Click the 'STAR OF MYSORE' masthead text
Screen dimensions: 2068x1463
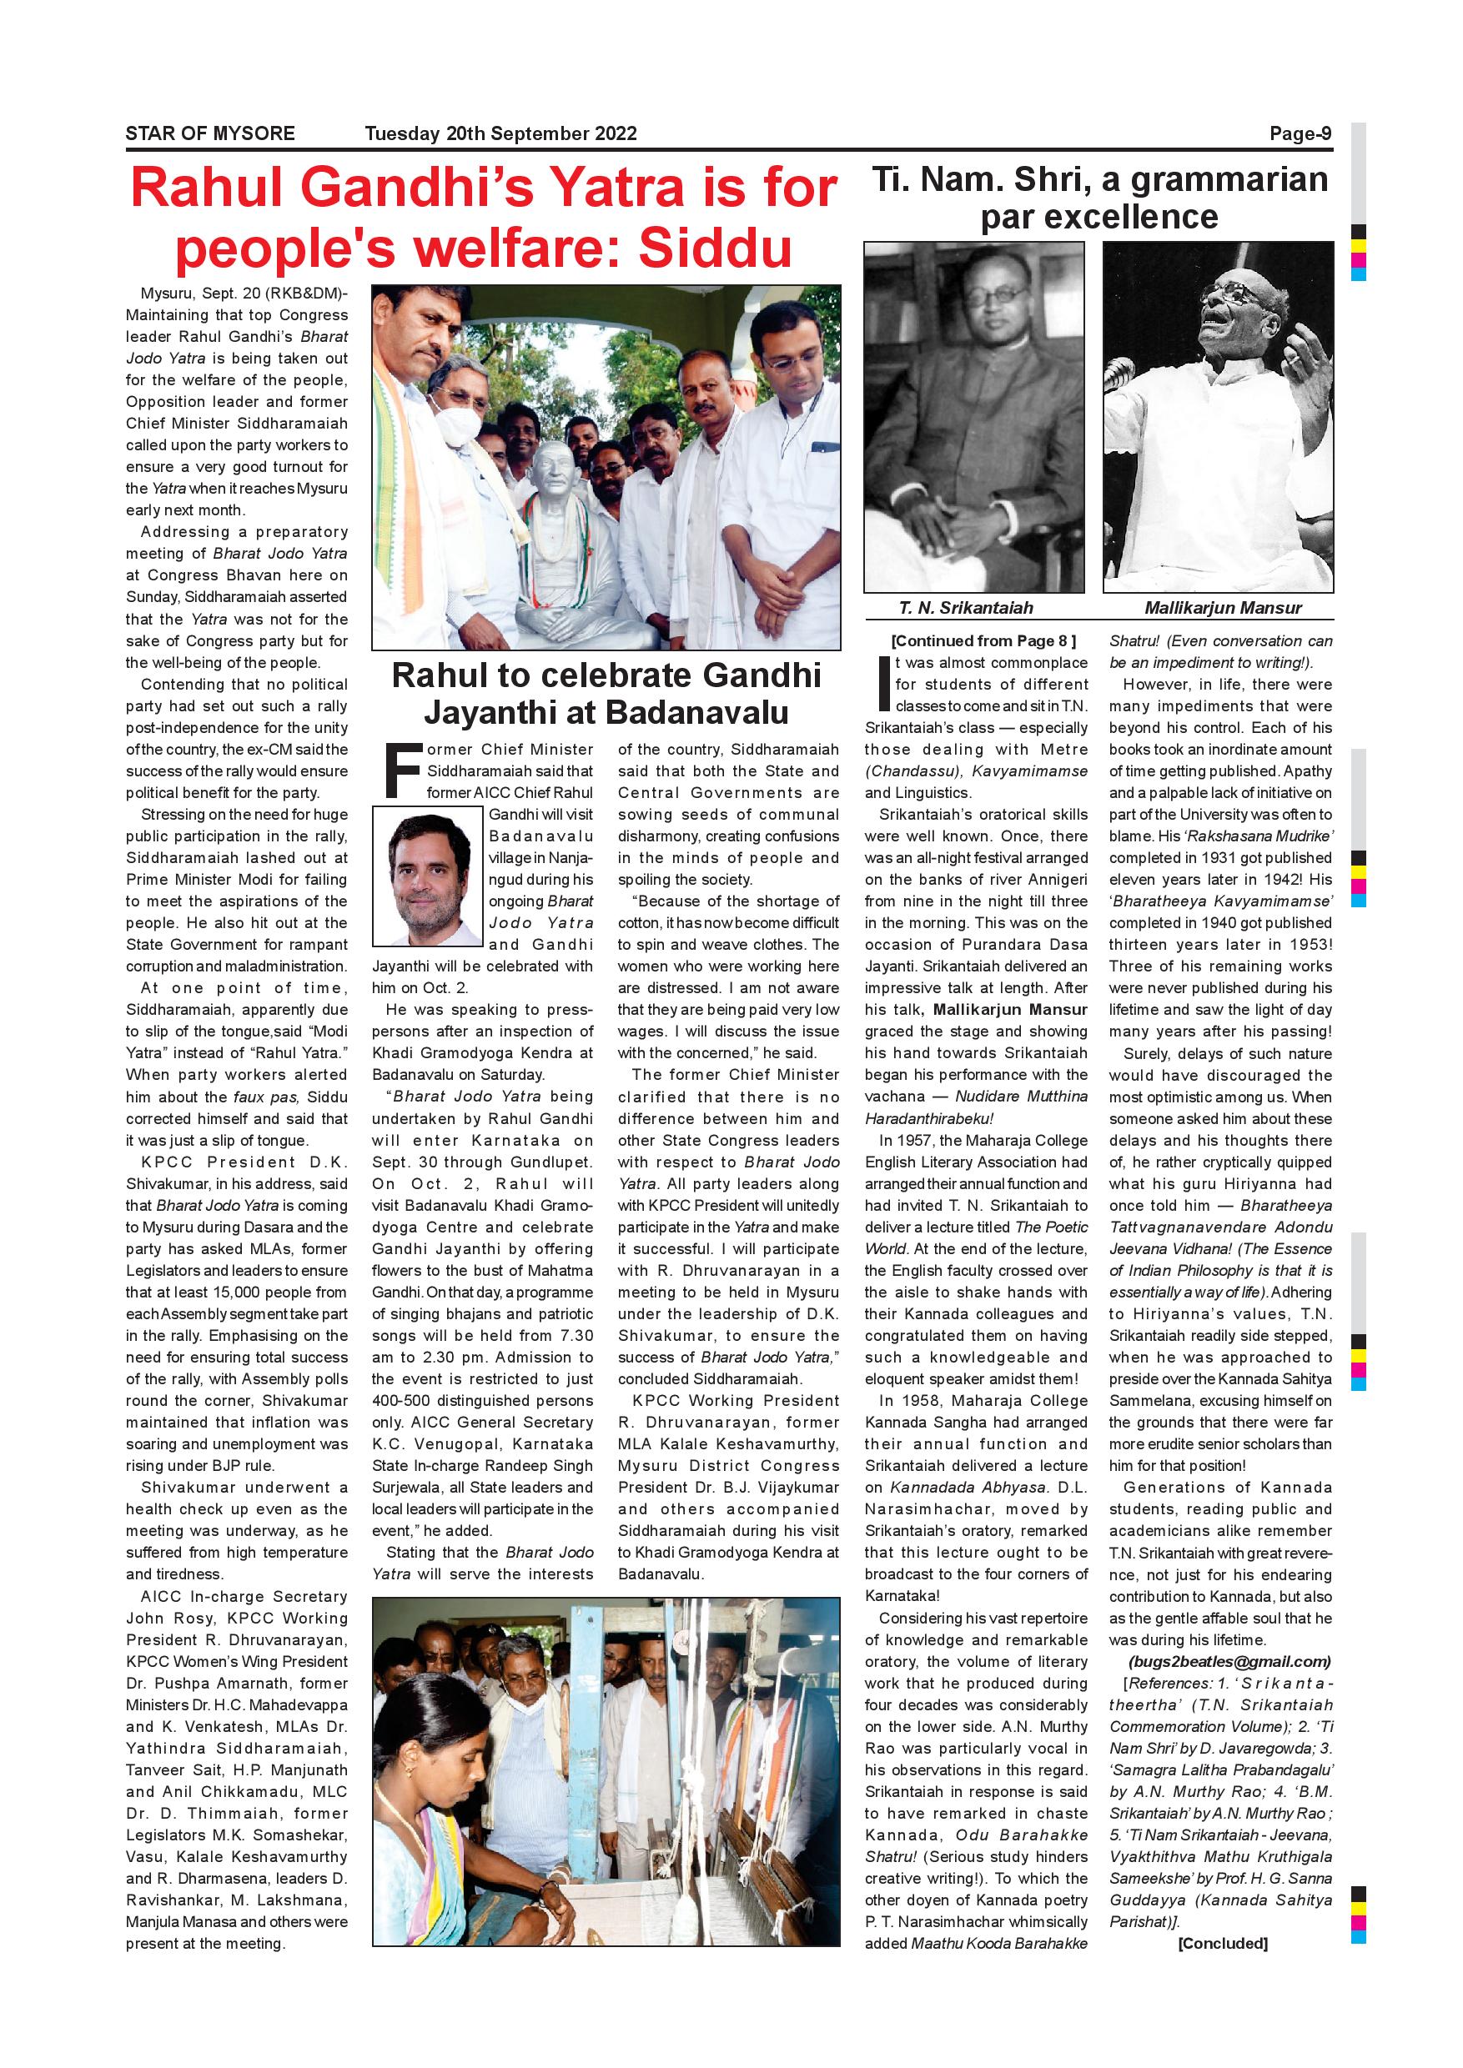click(x=210, y=133)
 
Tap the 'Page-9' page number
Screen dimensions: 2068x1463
click(x=1300, y=133)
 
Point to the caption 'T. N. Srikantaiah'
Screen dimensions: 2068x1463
click(x=966, y=607)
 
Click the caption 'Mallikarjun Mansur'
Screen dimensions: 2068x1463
click(x=1223, y=607)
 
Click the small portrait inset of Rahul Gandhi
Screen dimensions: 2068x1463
click(x=428, y=876)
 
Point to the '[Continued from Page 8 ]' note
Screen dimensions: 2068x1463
click(x=983, y=641)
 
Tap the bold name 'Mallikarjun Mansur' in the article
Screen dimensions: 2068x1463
click(x=1010, y=1010)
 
